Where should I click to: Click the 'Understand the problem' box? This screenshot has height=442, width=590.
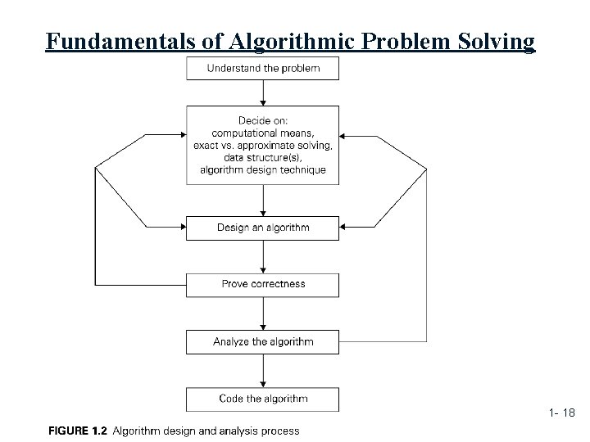click(x=262, y=68)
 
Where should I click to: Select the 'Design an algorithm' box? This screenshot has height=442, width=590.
click(x=262, y=228)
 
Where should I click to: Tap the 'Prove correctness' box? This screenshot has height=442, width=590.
click(x=262, y=285)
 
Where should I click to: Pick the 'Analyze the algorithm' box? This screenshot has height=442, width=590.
click(x=262, y=342)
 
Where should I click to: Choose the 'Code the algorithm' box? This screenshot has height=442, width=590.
click(x=262, y=399)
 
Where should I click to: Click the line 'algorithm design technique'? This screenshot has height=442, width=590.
click(x=263, y=169)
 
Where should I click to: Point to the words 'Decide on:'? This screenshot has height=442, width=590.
click(x=263, y=120)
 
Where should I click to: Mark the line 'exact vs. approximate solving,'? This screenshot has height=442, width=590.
click(x=263, y=145)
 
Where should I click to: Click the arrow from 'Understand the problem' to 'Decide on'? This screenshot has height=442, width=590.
click(x=262, y=92)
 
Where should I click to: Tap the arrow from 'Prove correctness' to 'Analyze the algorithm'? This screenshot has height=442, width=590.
click(x=262, y=313)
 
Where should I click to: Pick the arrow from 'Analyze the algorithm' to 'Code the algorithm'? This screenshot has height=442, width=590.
click(x=262, y=371)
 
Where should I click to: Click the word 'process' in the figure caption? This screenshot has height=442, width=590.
click(x=281, y=431)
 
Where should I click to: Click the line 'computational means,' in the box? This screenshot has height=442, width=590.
click(x=263, y=133)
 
